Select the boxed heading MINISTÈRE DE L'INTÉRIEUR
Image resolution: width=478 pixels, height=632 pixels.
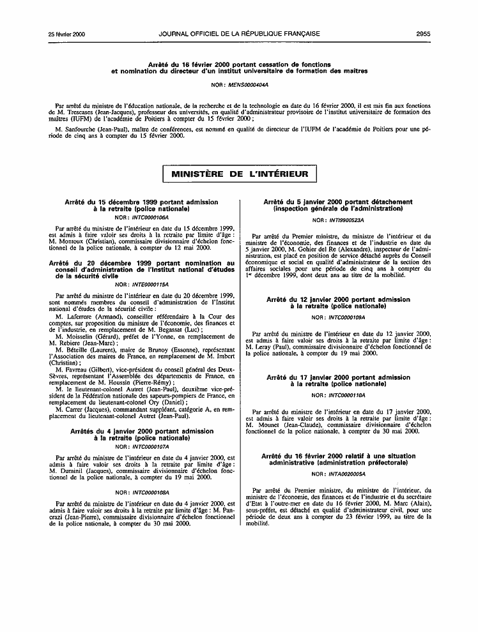point(238,174)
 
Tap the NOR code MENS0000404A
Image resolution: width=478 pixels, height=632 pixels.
point(245,84)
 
